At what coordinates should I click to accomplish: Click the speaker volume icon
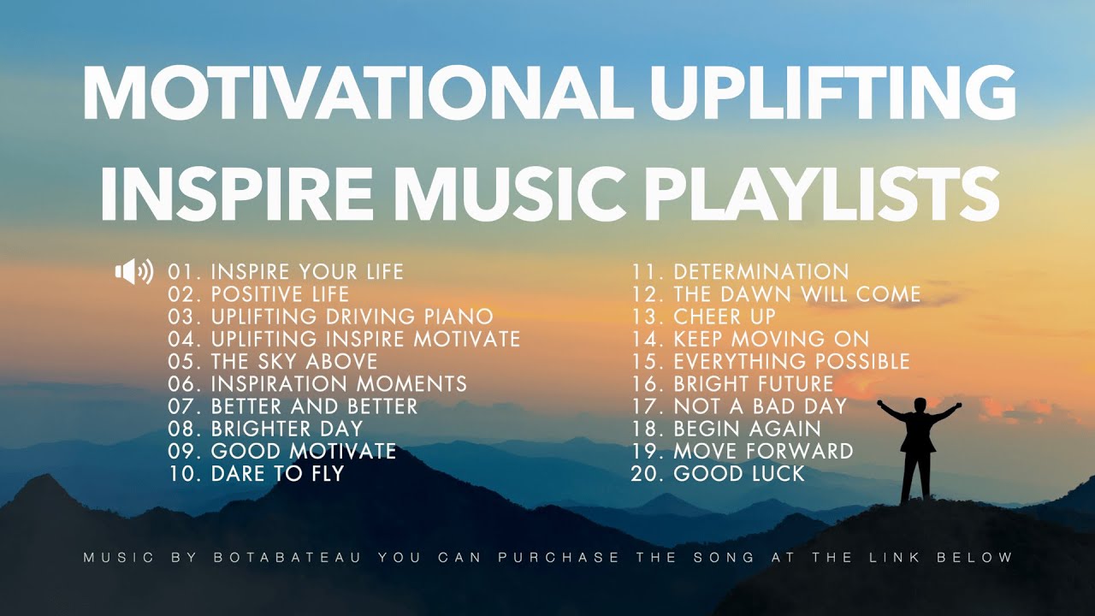click(x=134, y=272)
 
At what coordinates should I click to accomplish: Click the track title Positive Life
click(x=280, y=295)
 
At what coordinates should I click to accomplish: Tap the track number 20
click(x=647, y=473)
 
